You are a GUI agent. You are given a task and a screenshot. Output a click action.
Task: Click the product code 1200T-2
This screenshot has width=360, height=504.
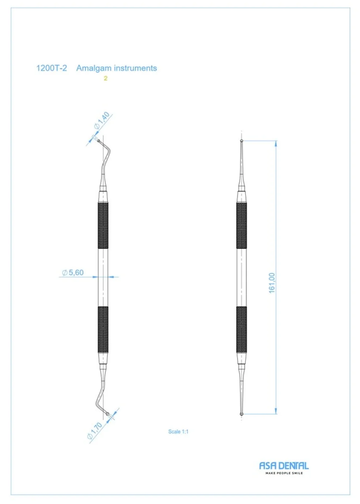pyautogui.click(x=51, y=68)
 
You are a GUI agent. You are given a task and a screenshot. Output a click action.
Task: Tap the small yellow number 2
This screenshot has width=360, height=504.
pyautogui.click(x=105, y=78)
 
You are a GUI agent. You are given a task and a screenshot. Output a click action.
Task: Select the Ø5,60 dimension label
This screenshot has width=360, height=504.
pyautogui.click(x=73, y=273)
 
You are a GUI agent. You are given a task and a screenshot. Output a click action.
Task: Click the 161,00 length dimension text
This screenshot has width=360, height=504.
pyautogui.click(x=272, y=283)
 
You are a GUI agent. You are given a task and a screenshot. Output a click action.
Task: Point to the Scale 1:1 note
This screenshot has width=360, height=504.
pyautogui.click(x=178, y=432)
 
